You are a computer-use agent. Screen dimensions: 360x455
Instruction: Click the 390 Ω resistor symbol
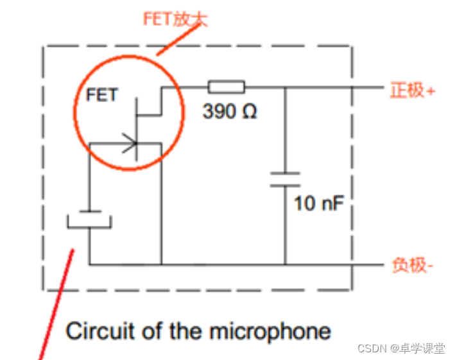click(226, 87)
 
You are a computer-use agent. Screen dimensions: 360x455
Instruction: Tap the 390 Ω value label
click(230, 112)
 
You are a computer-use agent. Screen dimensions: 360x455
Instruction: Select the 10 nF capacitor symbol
click(285, 178)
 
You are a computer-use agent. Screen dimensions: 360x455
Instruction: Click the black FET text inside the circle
click(101, 96)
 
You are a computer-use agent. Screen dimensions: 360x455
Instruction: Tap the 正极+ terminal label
click(412, 90)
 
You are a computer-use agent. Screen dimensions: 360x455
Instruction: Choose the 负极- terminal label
click(411, 264)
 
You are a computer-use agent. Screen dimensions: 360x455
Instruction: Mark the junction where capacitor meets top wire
click(285, 87)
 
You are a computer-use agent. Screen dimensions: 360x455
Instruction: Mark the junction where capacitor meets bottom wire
click(285, 264)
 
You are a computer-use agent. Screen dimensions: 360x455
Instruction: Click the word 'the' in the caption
click(186, 331)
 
